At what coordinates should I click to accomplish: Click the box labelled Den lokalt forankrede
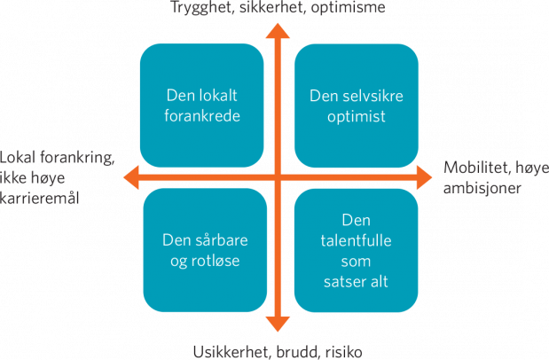point(201,106)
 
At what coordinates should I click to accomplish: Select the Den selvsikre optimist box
point(357,106)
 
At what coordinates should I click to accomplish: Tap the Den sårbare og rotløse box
point(205,250)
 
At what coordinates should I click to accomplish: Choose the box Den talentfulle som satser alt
point(356,250)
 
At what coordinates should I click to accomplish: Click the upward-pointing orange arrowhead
point(278,31)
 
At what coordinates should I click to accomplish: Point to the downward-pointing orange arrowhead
point(278,324)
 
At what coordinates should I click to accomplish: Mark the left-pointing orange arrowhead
point(131,177)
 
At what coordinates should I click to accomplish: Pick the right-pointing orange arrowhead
point(424,177)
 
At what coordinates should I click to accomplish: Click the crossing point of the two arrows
point(278,177)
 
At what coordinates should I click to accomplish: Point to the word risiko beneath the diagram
point(344,352)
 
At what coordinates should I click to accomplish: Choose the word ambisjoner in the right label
point(482,188)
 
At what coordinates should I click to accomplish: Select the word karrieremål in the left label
point(40,199)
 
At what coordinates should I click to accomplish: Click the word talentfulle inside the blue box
point(356,240)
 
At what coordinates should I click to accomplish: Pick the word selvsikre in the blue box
point(373,96)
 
